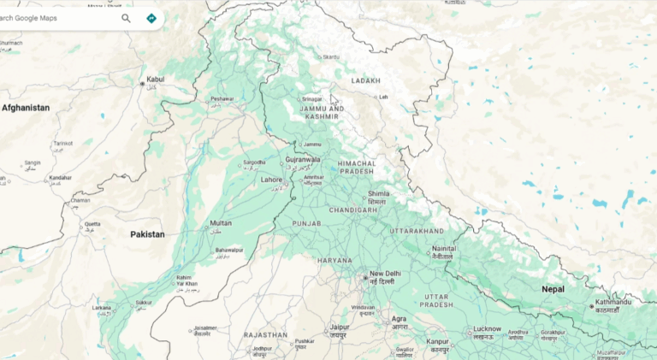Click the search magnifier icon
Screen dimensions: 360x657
127,18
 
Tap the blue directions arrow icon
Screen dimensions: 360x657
151,18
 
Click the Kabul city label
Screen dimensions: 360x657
155,80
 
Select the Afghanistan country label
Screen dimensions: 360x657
26,108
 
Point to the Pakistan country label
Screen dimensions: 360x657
147,233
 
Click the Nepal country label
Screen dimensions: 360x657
553,289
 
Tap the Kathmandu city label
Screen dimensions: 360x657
613,302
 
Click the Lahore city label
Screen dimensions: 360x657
271,180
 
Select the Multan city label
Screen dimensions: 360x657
220,224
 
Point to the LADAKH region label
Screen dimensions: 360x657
365,80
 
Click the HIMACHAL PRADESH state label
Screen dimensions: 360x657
357,167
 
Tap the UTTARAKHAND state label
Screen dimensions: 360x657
417,231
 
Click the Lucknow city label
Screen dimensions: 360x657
487,328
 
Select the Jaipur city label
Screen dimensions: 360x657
340,327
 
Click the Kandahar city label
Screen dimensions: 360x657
61,178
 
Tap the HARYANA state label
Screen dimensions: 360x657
334,260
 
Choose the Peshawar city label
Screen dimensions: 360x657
222,99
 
